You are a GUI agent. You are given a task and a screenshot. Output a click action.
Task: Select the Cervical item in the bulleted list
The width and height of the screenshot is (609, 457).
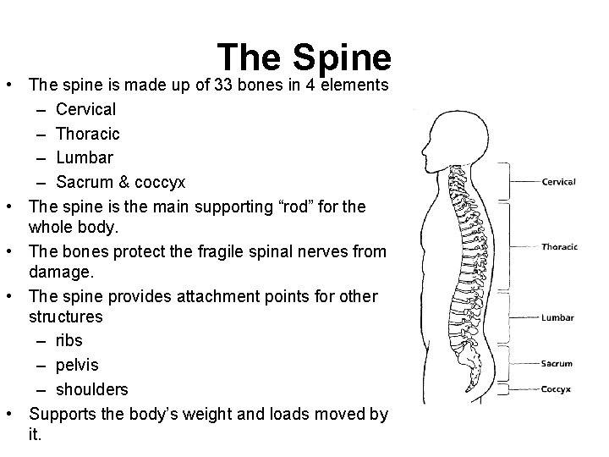tap(85, 109)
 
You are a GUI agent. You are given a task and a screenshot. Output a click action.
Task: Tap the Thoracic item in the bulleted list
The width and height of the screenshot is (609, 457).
tap(87, 134)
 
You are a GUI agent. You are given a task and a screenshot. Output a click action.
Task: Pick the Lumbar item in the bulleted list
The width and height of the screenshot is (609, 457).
tap(84, 158)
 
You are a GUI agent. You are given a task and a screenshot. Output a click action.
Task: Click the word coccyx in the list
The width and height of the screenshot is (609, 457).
tap(156, 183)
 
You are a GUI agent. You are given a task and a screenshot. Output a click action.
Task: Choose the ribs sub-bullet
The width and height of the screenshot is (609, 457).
tap(69, 341)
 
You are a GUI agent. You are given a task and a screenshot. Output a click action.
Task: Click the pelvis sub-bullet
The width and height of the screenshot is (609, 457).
tap(77, 365)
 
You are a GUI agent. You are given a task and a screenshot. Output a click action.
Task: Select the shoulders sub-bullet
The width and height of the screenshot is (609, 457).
tap(92, 389)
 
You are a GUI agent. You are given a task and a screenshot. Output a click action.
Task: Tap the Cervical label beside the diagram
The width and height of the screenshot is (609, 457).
tap(558, 182)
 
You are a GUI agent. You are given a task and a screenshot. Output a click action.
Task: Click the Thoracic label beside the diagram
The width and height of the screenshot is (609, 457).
tap(559, 247)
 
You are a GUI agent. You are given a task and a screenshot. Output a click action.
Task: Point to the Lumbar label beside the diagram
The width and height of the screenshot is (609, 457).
tap(557, 318)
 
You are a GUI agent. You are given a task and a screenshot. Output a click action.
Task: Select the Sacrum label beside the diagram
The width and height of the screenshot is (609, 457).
tap(557, 364)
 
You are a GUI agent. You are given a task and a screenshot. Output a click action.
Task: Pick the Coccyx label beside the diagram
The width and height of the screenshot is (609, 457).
tap(557, 389)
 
